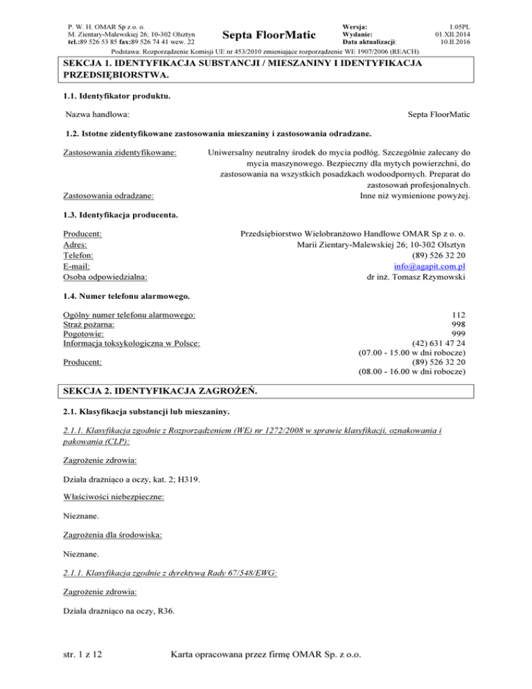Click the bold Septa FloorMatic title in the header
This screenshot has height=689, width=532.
(x=267, y=34)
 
